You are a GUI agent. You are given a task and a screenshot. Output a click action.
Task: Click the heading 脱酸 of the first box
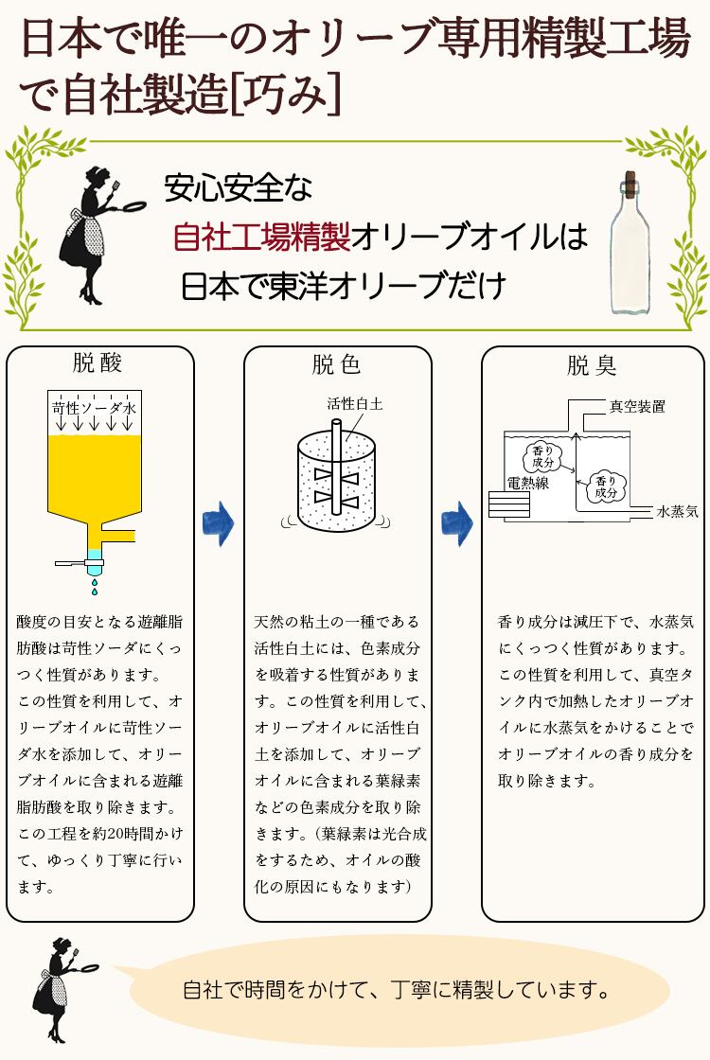pyautogui.click(x=98, y=363)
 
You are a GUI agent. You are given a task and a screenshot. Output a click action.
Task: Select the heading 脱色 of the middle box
pyautogui.click(x=336, y=364)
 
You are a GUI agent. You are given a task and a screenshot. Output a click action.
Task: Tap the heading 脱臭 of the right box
pyautogui.click(x=592, y=365)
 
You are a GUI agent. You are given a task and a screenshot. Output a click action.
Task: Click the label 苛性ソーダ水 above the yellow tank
pyautogui.click(x=94, y=408)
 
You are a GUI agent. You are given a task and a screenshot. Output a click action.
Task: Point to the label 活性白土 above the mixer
pyautogui.click(x=355, y=403)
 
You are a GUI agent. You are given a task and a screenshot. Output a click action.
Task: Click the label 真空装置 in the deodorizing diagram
pyautogui.click(x=638, y=406)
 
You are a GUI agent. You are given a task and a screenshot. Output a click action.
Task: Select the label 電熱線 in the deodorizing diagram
pyautogui.click(x=528, y=483)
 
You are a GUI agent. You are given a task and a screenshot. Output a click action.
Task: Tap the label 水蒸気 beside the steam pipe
pyautogui.click(x=677, y=512)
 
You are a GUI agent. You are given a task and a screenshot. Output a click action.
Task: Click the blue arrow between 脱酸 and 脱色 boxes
pyautogui.click(x=219, y=523)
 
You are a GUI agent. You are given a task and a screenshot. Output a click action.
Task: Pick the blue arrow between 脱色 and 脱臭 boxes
pyautogui.click(x=457, y=523)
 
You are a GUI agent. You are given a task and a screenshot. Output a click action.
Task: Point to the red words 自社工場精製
pyautogui.click(x=261, y=237)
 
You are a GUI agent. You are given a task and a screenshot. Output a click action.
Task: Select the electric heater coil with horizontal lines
pyautogui.click(x=509, y=504)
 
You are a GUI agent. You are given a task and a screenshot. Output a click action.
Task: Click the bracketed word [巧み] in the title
pyautogui.click(x=286, y=95)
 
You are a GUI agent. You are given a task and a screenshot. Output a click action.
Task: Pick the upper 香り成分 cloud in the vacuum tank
pyautogui.click(x=543, y=457)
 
